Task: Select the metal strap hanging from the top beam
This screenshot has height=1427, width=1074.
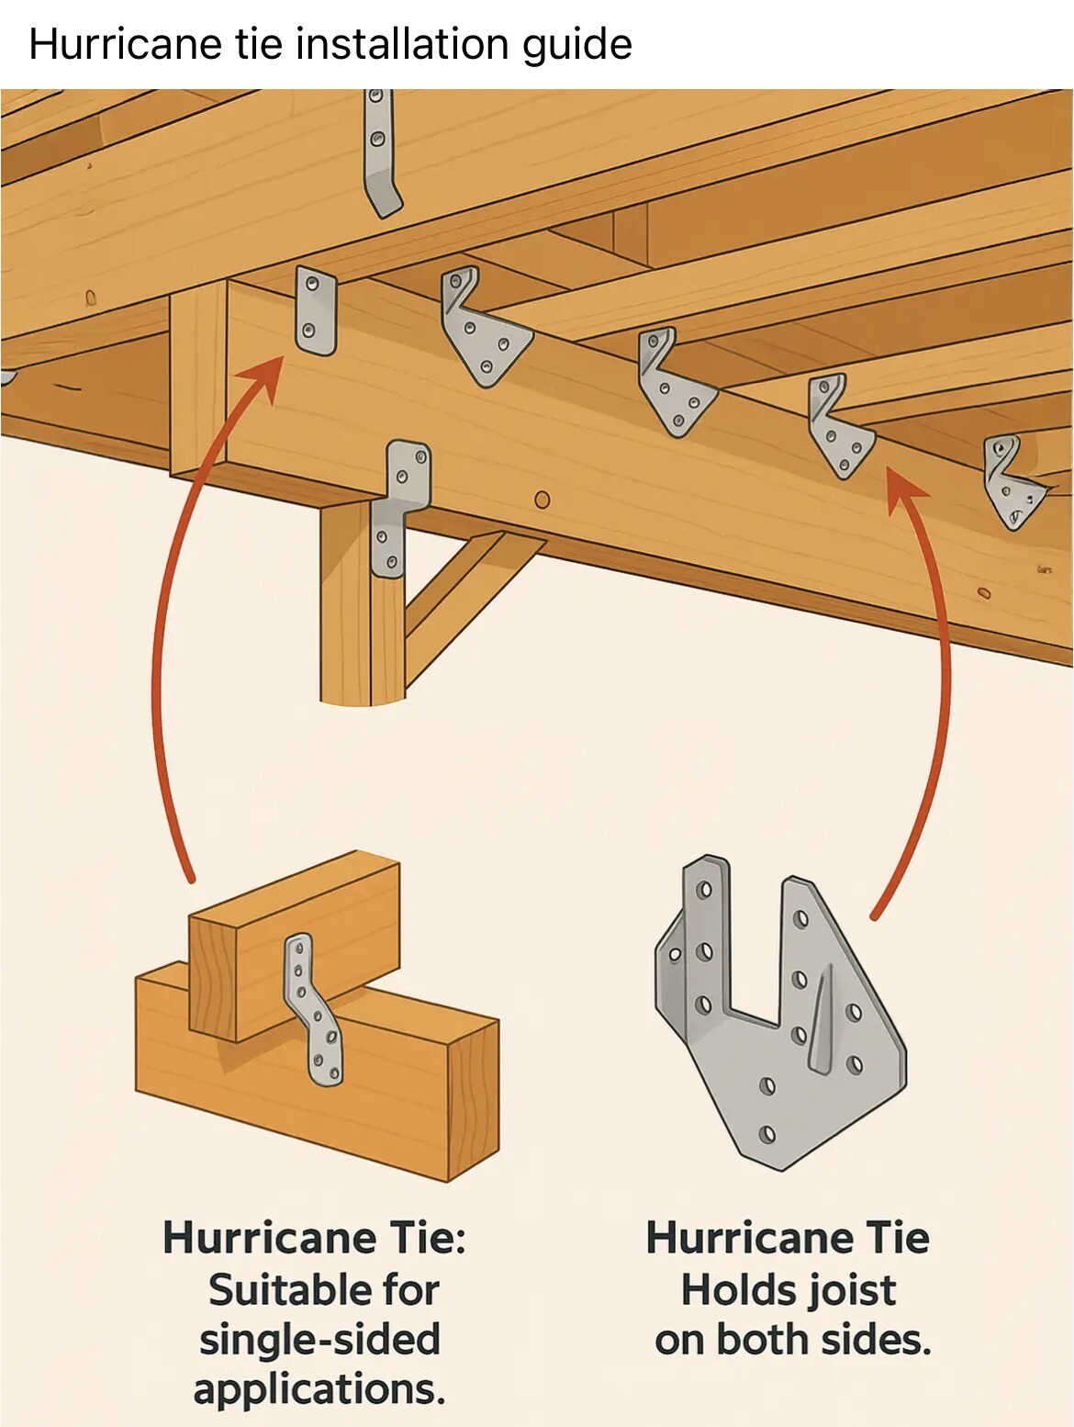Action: [380, 152]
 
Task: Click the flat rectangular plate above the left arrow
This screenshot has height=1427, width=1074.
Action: [316, 310]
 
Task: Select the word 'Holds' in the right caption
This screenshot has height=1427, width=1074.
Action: [733, 1290]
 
